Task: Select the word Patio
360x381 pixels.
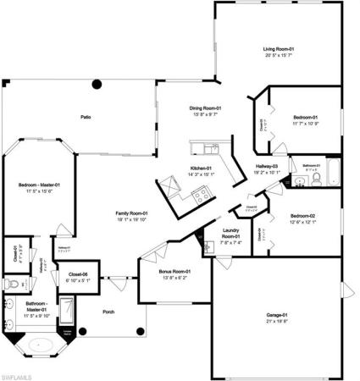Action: (x=86, y=117)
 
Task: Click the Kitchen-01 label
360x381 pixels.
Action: (x=201, y=169)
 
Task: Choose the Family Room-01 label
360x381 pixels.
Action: (x=131, y=213)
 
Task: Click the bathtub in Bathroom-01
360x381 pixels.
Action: (x=332, y=173)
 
